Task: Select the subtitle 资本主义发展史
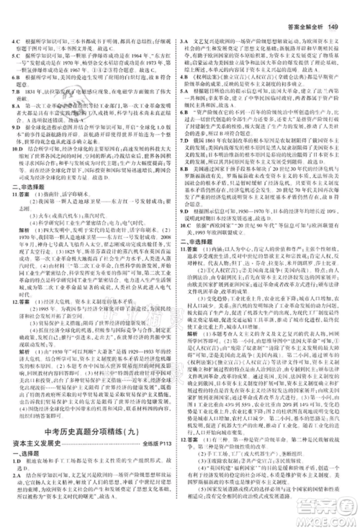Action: (x=37, y=446)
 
